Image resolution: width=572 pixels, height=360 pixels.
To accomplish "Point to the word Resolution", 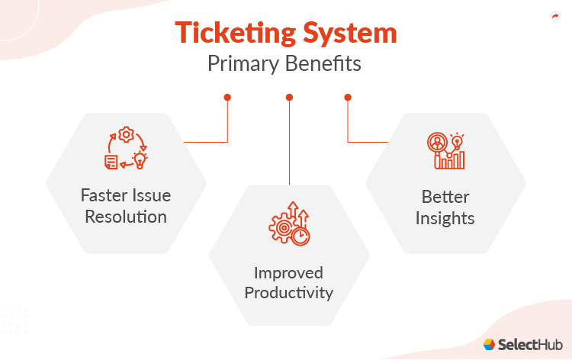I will [x=126, y=217].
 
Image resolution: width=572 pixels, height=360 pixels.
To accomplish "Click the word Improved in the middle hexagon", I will [x=289, y=272].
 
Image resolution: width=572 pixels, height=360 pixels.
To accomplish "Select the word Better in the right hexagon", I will [x=445, y=197].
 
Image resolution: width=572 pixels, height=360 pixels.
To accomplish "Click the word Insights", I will [x=445, y=218].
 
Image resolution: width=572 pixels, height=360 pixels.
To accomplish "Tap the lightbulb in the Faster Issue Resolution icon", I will [x=140, y=159].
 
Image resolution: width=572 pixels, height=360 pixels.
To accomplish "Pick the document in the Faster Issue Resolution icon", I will [x=111, y=160].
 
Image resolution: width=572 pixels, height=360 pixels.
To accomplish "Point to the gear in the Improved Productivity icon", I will [x=280, y=227].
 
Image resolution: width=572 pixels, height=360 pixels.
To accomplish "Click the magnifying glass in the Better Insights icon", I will [x=438, y=144].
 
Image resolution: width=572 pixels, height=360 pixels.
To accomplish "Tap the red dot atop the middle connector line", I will [x=289, y=97].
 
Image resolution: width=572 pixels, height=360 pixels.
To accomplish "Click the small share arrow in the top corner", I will [x=554, y=16].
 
